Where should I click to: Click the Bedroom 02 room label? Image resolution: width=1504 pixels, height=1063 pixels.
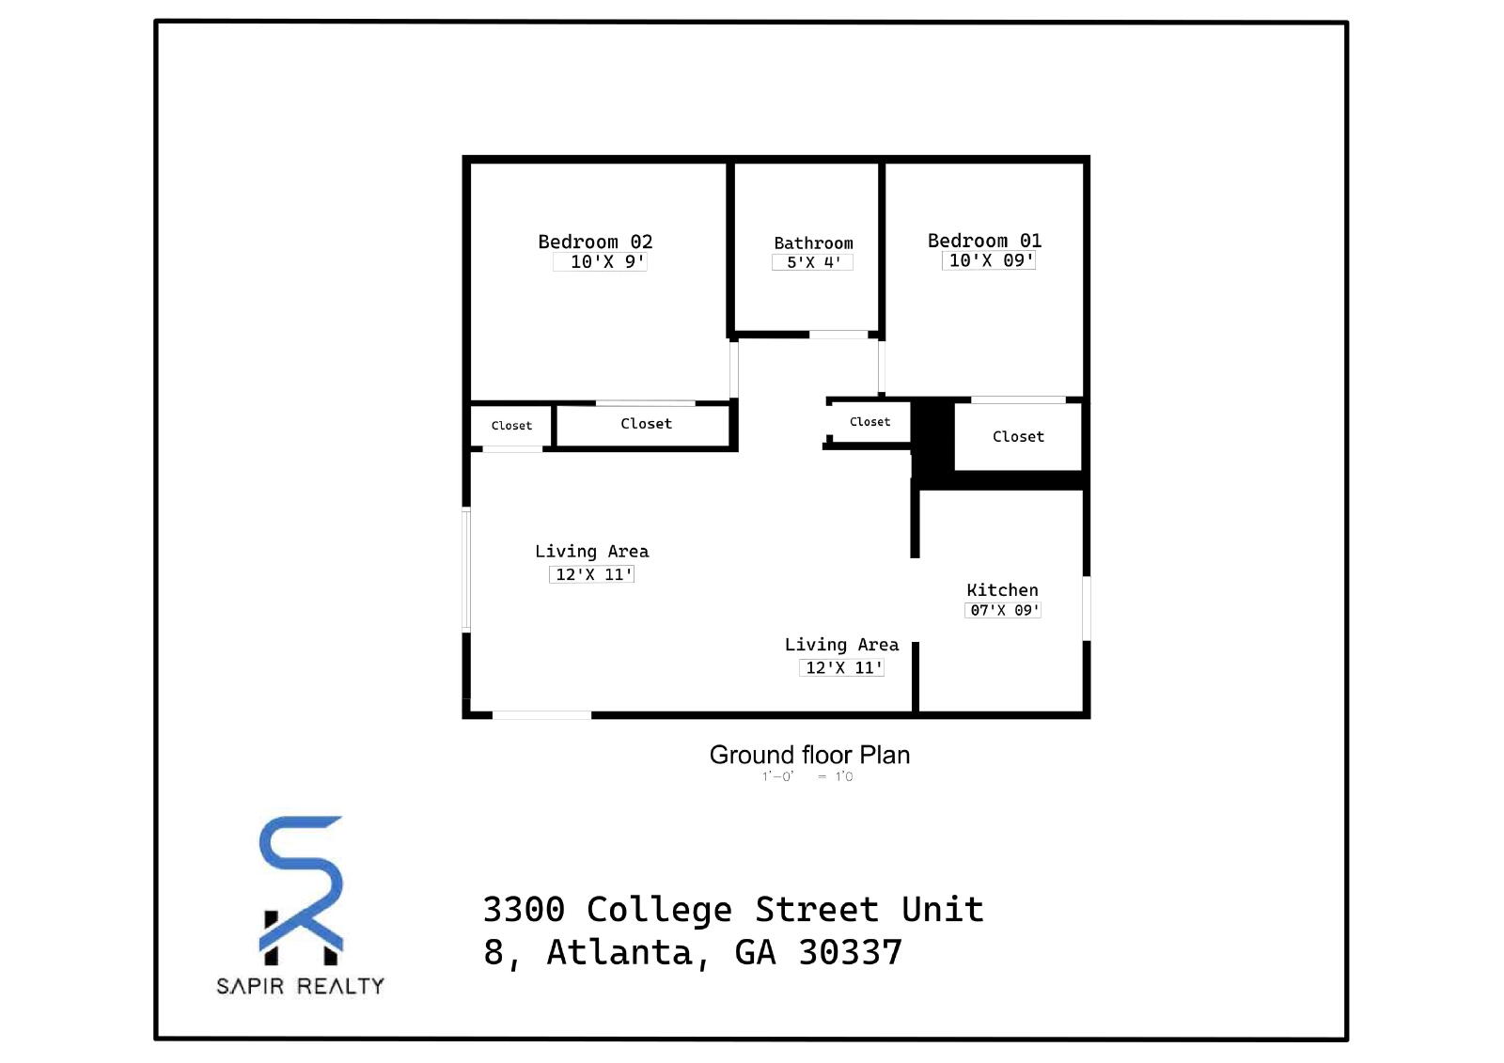tap(594, 242)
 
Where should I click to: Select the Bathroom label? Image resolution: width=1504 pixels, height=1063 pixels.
tap(813, 243)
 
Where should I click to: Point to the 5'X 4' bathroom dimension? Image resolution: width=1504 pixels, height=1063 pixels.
tap(813, 263)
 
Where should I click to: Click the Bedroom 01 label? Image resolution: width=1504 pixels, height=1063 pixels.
tap(984, 241)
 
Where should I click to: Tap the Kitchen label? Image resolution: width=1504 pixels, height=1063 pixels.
tap(1002, 590)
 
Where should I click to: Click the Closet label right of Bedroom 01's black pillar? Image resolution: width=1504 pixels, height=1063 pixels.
tap(1018, 437)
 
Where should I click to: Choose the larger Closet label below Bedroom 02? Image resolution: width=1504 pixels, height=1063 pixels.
tap(646, 424)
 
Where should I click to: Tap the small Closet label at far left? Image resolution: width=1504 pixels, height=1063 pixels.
tap(511, 426)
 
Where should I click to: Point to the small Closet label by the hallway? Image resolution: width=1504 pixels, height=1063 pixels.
tap(869, 422)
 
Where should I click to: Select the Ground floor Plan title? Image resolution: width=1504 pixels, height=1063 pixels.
tap(809, 755)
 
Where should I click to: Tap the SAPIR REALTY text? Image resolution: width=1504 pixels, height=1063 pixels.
tap(301, 986)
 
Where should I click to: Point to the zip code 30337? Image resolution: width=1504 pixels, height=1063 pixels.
tap(850, 952)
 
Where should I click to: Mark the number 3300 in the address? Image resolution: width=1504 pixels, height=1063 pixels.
tap(524, 910)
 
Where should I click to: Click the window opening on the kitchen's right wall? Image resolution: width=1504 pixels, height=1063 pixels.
tap(1087, 608)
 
